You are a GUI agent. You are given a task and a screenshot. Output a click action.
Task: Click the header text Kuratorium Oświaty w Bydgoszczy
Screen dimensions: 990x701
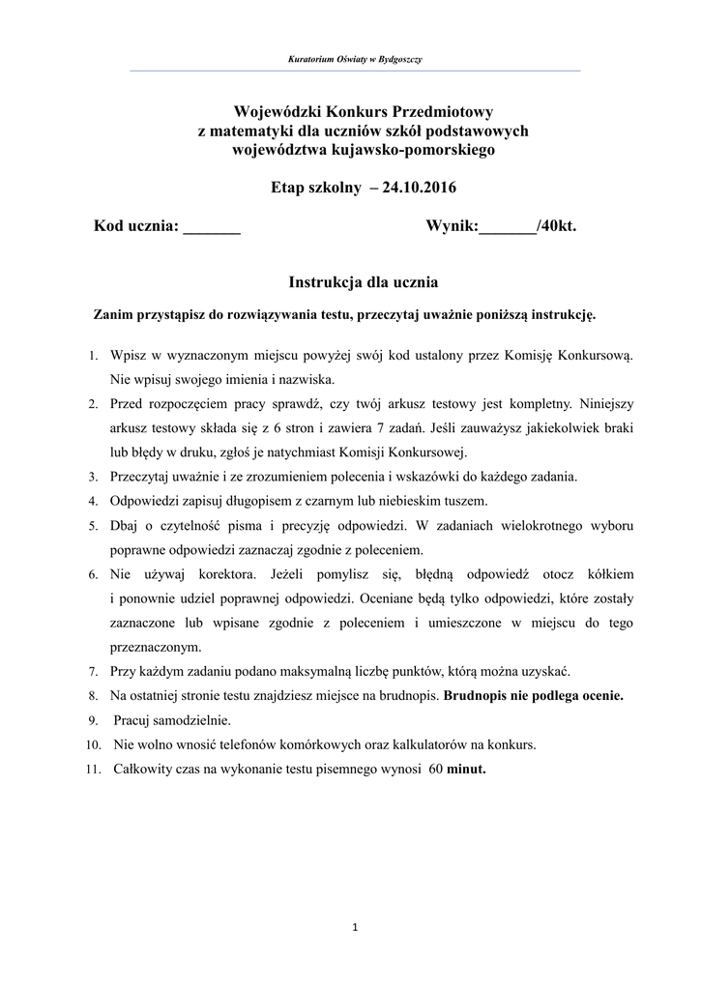(355, 60)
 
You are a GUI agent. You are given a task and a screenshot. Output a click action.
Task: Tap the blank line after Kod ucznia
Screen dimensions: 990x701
(212, 228)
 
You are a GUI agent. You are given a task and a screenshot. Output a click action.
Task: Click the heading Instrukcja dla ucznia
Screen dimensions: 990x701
(364, 282)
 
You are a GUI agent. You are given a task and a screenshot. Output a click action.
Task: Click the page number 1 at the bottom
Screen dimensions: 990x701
(355, 928)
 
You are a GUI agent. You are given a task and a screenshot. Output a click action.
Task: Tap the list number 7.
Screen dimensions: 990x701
(93, 671)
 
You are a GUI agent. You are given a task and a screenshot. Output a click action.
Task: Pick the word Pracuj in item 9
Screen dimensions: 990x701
(132, 720)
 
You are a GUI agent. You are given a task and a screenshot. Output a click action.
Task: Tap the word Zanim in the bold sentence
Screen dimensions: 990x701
(113, 315)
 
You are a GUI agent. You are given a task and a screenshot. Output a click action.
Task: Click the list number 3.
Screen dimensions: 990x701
(93, 477)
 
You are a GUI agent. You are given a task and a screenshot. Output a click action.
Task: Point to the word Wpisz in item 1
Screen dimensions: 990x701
(128, 355)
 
